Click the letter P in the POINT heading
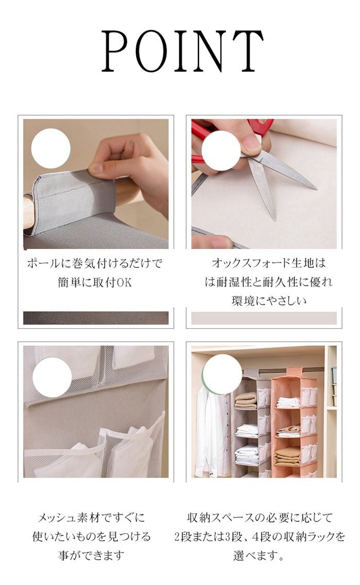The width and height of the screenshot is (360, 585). tap(116, 51)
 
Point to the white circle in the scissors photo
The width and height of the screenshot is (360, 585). tap(221, 151)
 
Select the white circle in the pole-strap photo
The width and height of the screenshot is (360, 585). tap(51, 148)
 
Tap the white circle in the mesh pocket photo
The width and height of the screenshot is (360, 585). tap(52, 377)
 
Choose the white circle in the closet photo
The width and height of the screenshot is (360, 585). tap(222, 374)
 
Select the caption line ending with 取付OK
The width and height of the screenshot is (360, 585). tap(95, 282)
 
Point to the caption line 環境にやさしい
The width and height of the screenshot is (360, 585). tap(269, 300)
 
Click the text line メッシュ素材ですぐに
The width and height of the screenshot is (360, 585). tap(92, 518)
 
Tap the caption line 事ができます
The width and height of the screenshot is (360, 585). tap(92, 556)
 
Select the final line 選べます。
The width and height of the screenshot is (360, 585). tap(259, 556)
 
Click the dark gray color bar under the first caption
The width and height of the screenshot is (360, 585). tap(96, 318)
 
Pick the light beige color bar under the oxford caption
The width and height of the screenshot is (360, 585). tap(264, 318)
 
